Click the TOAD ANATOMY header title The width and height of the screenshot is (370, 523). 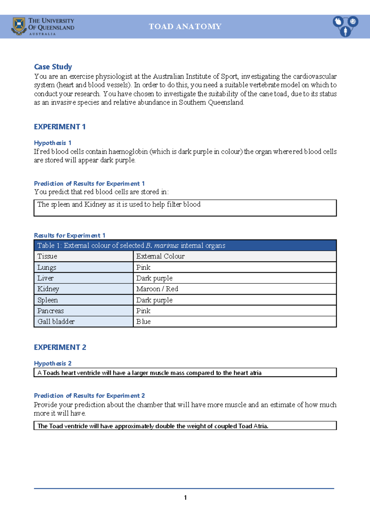[x=185, y=27]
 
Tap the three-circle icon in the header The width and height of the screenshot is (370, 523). [x=345, y=26]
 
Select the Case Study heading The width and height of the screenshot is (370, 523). [x=53, y=67]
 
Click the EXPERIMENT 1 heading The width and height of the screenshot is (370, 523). [x=60, y=127]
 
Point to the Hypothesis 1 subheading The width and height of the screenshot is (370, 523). [x=53, y=143]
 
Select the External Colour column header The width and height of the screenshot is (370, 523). [x=160, y=256]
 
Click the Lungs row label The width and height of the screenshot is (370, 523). [x=47, y=267]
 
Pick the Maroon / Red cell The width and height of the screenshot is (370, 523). [x=157, y=289]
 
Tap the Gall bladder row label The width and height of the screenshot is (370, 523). [x=56, y=322]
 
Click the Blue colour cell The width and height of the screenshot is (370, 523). [x=144, y=322]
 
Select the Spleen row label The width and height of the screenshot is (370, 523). [x=48, y=300]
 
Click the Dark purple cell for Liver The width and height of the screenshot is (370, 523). [x=154, y=278]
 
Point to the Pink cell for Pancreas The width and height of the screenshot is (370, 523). [x=143, y=311]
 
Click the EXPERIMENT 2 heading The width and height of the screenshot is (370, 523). [x=60, y=347]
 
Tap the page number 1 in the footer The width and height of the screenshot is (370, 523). [x=185, y=497]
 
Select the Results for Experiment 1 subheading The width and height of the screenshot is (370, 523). [x=70, y=235]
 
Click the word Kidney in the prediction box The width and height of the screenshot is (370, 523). [x=95, y=204]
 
